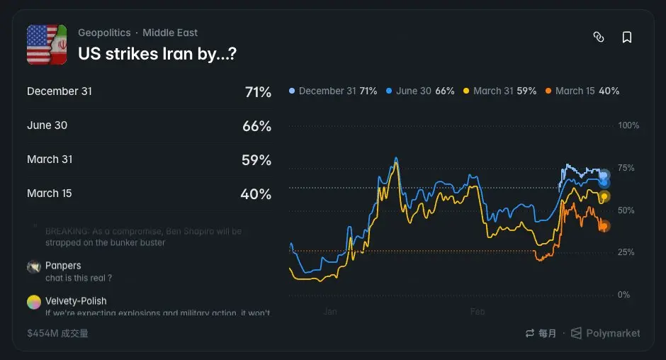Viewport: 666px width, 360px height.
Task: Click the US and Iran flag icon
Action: tap(47, 45)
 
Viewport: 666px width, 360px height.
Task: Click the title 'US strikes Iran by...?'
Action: tap(157, 53)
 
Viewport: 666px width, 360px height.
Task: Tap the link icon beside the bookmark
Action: tap(599, 38)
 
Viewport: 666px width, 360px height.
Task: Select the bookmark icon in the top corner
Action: tap(627, 38)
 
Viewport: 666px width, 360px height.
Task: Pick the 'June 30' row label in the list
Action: tap(47, 125)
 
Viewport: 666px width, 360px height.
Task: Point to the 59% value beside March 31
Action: tap(256, 160)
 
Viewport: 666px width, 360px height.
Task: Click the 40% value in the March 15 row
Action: tap(256, 194)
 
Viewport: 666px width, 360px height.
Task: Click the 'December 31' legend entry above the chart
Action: tap(332, 91)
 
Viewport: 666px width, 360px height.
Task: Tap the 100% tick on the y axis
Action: tap(628, 125)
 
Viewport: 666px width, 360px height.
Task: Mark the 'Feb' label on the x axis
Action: tap(478, 311)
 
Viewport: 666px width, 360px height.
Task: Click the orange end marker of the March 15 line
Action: tap(604, 226)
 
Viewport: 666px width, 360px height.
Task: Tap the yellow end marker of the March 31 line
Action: tap(604, 196)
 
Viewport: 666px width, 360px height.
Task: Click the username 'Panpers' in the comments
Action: tap(63, 266)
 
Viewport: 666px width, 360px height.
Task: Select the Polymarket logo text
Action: tap(612, 333)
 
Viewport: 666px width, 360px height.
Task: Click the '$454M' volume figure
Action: tap(43, 333)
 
